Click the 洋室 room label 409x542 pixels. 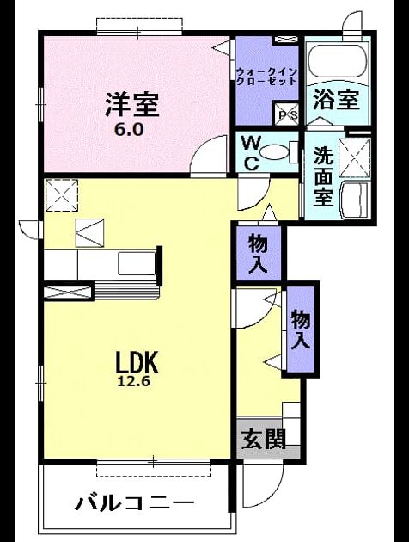(131, 104)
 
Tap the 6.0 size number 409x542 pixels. (128, 129)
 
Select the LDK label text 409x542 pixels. (137, 361)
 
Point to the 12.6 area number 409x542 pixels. (134, 381)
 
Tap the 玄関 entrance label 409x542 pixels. (264, 439)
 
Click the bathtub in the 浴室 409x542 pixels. (338, 61)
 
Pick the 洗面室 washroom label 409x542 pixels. (323, 176)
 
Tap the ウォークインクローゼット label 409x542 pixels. (267, 77)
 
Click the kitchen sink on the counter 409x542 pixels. (137, 263)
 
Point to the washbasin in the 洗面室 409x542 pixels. (355, 200)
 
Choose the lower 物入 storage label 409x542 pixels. (301, 330)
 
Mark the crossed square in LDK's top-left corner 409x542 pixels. (62, 194)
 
